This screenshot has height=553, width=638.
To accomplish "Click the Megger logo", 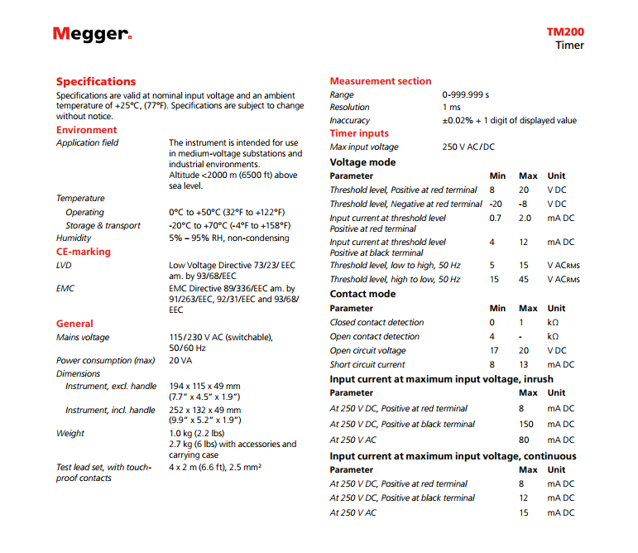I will (92, 34).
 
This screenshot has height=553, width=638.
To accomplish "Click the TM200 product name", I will (564, 32).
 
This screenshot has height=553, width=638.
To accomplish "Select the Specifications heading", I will (95, 81).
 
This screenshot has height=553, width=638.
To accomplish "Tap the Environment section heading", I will (86, 130).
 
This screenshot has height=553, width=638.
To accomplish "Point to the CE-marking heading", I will (83, 252).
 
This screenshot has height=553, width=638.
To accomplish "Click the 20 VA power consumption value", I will (181, 360).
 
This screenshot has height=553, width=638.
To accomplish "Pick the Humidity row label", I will (74, 238).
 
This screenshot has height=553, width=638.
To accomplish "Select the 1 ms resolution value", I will (452, 108).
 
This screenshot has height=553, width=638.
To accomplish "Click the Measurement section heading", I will (381, 81).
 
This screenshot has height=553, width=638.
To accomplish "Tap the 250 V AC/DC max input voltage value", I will (468, 147).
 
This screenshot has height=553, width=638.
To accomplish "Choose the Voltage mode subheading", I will (362, 162).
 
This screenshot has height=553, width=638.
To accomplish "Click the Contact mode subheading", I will (362, 294).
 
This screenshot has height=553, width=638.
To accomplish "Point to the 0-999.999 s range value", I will (466, 94).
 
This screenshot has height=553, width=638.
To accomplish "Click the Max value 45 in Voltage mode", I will (524, 280).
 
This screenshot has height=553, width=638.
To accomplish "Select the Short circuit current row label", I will (367, 364).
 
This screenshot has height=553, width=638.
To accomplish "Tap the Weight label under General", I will (70, 433).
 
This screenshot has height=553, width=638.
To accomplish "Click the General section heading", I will (74, 324).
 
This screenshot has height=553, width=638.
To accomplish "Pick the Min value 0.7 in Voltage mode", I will (495, 218).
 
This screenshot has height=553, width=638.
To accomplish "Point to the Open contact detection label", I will (375, 336).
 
